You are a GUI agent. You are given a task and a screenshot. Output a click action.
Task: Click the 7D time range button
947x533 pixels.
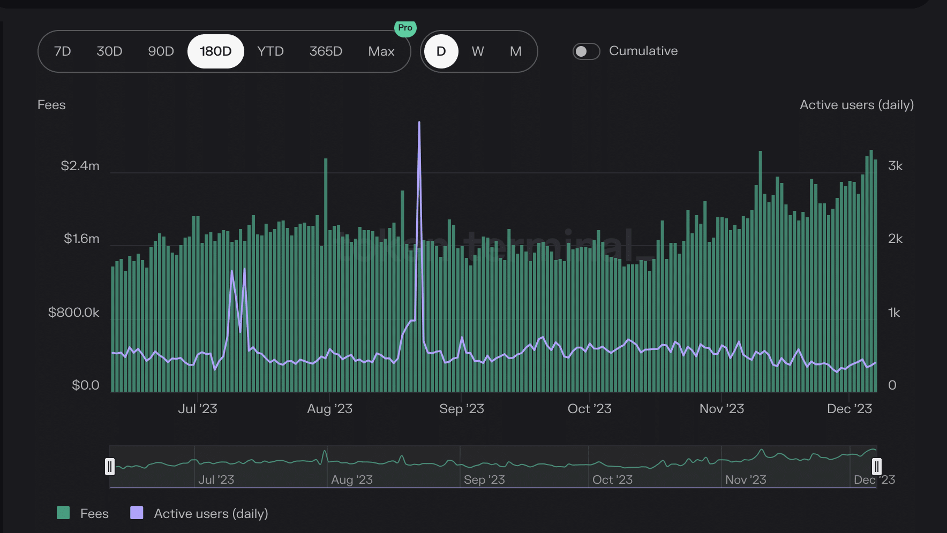63,51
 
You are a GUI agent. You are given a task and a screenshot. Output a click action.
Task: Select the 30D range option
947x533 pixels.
109,51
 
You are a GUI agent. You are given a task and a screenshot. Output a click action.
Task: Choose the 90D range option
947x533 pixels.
161,51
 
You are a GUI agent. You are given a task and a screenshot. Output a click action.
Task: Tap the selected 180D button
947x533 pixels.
216,51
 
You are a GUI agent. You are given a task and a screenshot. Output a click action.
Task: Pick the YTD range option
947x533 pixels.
270,51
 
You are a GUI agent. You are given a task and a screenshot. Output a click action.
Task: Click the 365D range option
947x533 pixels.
326,51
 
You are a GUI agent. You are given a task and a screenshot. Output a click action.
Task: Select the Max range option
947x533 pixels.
381,51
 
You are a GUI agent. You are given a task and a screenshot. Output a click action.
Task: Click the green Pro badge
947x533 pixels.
405,28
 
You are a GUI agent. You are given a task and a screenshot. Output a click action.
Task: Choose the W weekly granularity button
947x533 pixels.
478,51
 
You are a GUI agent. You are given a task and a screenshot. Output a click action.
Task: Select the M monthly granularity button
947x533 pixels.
516,51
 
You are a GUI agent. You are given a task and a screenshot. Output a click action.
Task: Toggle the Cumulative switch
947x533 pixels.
586,51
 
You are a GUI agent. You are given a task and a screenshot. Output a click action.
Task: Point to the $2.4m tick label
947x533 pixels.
80,166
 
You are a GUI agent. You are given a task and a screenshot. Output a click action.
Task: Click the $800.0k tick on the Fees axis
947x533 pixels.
74,313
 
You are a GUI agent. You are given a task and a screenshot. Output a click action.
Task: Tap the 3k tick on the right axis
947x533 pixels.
896,166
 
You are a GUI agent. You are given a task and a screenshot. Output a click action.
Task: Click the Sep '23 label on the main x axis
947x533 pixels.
462,409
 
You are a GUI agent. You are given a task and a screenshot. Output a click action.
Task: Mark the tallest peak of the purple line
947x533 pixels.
419,123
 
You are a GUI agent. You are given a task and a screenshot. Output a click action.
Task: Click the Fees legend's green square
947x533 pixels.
63,513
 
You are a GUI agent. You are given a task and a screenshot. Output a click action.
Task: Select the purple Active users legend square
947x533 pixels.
137,513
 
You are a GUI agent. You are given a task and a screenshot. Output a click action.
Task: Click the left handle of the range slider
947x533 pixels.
110,467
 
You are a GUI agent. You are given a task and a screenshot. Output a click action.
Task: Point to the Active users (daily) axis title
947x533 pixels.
857,105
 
